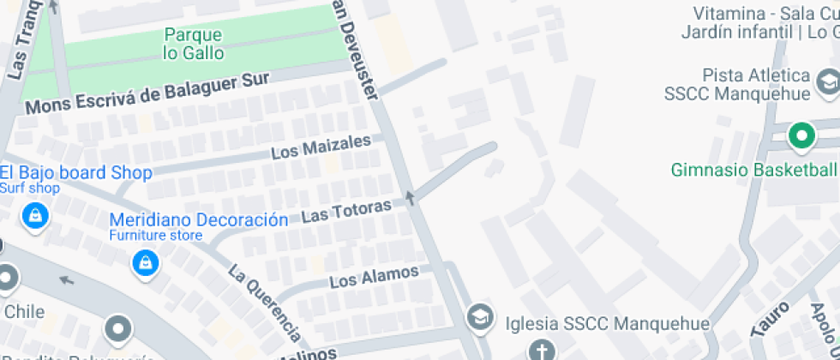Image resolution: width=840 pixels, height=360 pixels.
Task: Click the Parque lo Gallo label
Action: click(193, 44)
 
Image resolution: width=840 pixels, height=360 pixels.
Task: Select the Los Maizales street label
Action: click(321, 147)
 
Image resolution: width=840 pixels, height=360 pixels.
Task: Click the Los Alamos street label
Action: click(375, 276)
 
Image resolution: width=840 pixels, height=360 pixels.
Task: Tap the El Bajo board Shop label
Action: click(76, 172)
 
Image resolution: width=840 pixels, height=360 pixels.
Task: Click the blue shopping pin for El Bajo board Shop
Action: click(35, 215)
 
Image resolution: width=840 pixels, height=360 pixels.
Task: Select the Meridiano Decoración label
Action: click(199, 219)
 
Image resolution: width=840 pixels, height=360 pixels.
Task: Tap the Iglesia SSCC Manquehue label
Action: click(608, 324)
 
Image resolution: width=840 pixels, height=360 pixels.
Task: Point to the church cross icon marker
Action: click(541, 351)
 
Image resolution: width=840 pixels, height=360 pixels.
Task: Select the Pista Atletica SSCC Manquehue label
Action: click(743, 84)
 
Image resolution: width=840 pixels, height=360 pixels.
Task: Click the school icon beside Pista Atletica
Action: click(828, 82)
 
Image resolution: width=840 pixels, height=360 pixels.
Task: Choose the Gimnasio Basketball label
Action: click(754, 169)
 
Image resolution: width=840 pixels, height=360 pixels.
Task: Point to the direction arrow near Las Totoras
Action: click(410, 199)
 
